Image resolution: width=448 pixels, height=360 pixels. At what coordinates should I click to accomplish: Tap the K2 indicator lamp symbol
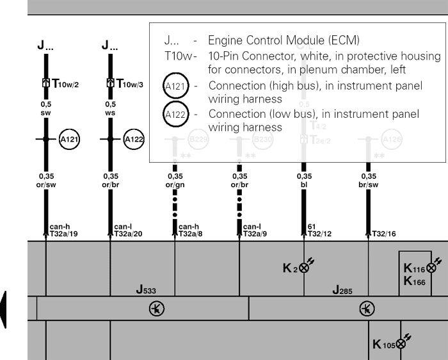304,268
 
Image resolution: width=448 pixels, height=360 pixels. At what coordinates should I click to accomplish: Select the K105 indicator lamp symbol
401,345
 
